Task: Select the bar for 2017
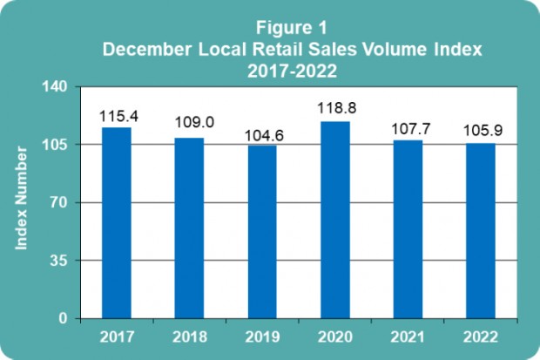(x=117, y=222)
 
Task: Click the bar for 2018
(x=189, y=228)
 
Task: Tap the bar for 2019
(x=262, y=231)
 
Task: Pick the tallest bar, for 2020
(x=335, y=220)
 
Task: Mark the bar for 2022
(x=481, y=230)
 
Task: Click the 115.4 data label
(x=117, y=116)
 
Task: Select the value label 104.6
(x=262, y=134)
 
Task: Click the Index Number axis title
(x=24, y=202)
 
